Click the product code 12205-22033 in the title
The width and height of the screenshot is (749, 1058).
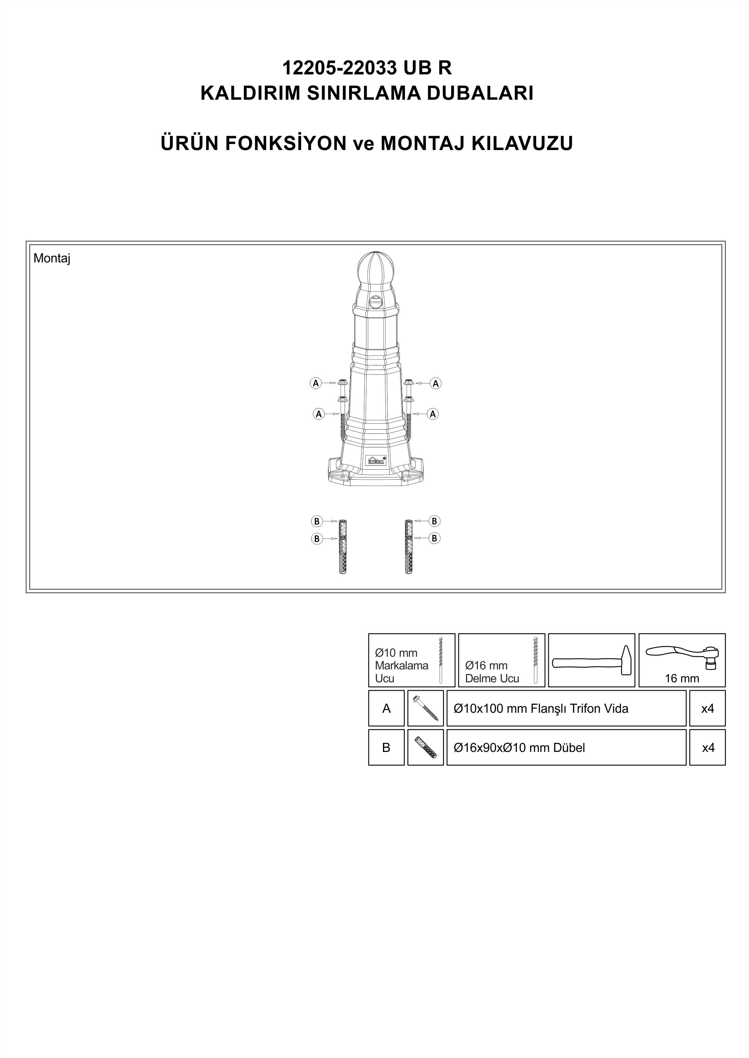click(x=340, y=68)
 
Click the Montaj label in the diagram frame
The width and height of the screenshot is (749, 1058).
click(x=52, y=258)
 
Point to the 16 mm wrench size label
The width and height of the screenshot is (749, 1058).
click(x=682, y=678)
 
